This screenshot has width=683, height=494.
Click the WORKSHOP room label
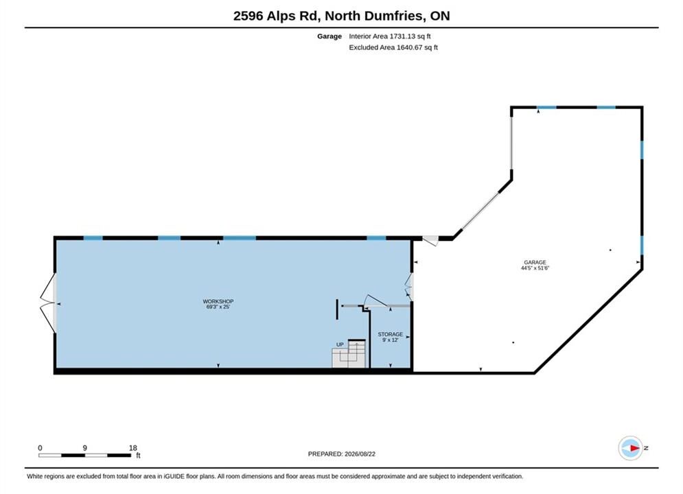[218, 301]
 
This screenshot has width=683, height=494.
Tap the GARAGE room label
[535, 263]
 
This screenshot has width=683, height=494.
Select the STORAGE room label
[391, 334]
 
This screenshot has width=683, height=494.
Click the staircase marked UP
[349, 353]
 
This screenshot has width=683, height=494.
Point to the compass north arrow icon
[631, 448]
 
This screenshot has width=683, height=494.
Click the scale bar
[84, 456]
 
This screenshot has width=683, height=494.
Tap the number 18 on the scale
[133, 448]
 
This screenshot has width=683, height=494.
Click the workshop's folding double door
[48, 303]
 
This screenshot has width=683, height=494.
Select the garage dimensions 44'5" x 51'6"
[535, 268]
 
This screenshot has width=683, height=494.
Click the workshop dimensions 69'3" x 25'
[218, 307]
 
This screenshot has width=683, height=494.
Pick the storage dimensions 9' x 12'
[391, 340]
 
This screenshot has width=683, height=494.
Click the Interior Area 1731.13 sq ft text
[389, 36]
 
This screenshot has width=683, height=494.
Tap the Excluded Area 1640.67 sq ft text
[393, 47]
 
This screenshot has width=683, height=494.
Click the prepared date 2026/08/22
[360, 454]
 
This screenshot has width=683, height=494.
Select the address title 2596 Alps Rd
[277, 16]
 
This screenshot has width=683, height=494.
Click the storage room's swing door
[375, 301]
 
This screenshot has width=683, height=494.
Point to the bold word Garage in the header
[329, 36]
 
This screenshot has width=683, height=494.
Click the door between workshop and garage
[408, 287]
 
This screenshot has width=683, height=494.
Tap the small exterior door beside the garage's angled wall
[430, 240]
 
